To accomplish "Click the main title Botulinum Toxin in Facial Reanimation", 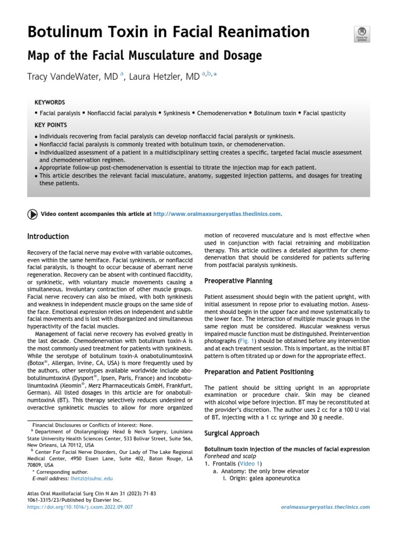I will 168,32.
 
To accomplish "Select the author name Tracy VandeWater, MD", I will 72,77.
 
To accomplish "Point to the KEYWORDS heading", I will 49,103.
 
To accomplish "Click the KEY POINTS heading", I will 51,125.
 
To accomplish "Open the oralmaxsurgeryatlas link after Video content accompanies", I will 218,213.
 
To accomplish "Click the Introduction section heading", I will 48,236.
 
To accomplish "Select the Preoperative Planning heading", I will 238,281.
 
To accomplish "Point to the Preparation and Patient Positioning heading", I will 259,372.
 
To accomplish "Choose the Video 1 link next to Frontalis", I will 250,463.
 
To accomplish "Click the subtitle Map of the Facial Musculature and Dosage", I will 144,55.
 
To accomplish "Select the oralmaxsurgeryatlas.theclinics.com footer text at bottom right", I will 325,506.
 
